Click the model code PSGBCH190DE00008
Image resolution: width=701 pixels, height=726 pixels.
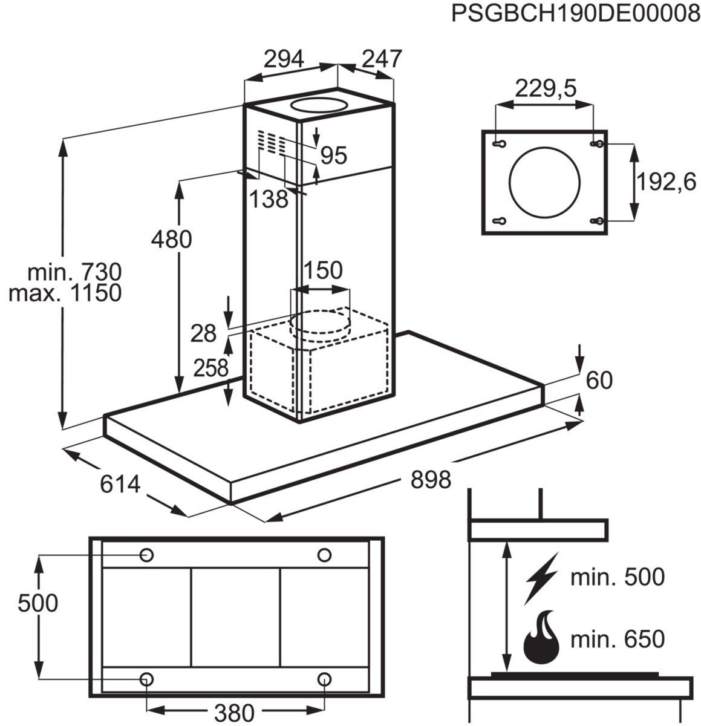click(575, 14)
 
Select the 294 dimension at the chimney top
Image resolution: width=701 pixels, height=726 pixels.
click(283, 59)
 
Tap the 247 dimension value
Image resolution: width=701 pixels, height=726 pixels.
click(382, 59)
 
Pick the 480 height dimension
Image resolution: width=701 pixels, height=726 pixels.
click(171, 239)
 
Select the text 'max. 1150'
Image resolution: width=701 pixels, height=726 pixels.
click(66, 293)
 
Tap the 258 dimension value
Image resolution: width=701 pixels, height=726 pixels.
click(210, 367)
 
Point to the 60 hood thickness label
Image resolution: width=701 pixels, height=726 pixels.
click(599, 380)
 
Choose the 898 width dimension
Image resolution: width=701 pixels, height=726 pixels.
click(431, 480)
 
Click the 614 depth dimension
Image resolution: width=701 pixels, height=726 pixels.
click(120, 484)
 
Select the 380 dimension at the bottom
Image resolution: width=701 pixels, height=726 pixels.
click(235, 713)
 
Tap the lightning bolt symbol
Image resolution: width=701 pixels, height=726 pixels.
click(541, 577)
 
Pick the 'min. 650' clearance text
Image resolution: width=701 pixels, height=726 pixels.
click(618, 639)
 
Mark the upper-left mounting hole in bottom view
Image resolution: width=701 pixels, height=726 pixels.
click(146, 554)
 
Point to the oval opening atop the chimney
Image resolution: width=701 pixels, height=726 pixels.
click(319, 105)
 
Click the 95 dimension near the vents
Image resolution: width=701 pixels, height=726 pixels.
click(334, 155)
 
